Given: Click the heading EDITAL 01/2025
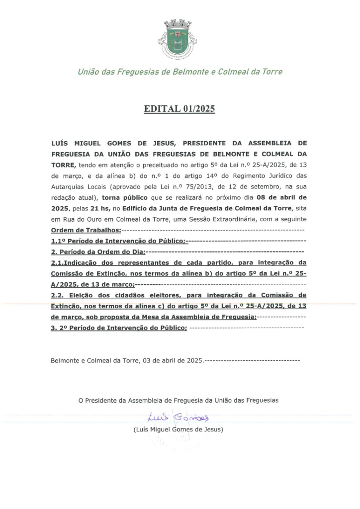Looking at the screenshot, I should click(180, 109).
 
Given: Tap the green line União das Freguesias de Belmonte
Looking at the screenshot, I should click(180, 72).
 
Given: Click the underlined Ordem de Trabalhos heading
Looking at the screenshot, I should click(86, 230).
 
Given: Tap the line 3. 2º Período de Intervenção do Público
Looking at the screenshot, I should click(119, 328).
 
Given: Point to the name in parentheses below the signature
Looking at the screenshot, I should click(179, 428).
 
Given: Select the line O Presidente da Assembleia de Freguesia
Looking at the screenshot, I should click(179, 399).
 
